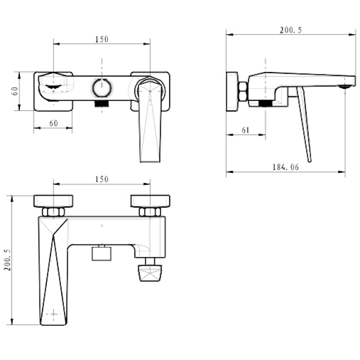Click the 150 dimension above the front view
(x=102, y=39)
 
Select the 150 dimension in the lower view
(x=102, y=179)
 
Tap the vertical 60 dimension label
(x=14, y=91)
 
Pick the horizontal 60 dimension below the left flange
(x=53, y=123)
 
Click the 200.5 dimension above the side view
(x=290, y=30)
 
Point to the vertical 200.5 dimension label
(x=8, y=260)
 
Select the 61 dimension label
(x=245, y=130)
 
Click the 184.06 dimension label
(x=286, y=167)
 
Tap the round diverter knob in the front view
(x=102, y=88)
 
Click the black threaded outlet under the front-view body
(x=102, y=104)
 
